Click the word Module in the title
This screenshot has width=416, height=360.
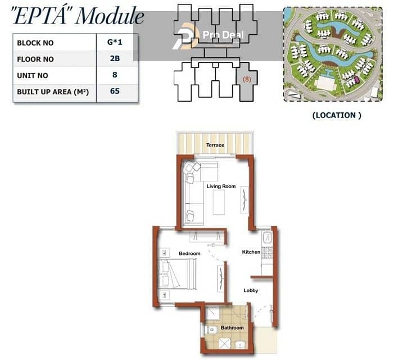(x=110, y=16)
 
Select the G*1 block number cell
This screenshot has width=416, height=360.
(x=115, y=42)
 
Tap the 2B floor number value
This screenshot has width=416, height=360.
(x=115, y=58)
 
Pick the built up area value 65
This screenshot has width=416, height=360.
(x=115, y=91)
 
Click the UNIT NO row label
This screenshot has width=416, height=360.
(x=33, y=76)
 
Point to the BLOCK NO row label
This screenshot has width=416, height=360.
(x=35, y=43)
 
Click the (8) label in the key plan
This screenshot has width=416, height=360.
(x=247, y=79)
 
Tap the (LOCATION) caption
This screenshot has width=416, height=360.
(x=337, y=115)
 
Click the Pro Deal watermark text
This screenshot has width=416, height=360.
(x=223, y=35)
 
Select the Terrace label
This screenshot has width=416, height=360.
(x=215, y=145)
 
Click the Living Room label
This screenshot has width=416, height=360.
(x=221, y=186)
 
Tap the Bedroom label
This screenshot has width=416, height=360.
(x=189, y=253)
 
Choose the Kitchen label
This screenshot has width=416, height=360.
(x=251, y=252)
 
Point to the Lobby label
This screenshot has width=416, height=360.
(x=251, y=290)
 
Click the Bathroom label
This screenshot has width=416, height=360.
(x=232, y=327)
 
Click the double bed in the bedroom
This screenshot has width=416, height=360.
(x=177, y=274)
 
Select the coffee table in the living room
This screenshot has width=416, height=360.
(x=219, y=202)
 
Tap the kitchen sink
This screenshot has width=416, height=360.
(x=267, y=237)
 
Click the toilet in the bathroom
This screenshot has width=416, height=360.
(x=211, y=330)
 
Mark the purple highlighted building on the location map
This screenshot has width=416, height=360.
(x=357, y=79)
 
